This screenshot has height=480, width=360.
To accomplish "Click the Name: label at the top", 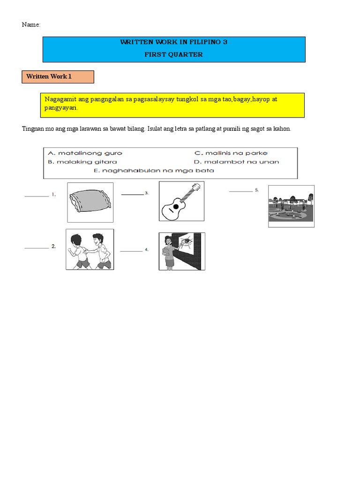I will click(x=31, y=24).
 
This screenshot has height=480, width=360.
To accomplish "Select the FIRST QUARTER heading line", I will click(x=174, y=54).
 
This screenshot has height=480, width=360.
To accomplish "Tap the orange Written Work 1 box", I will click(x=58, y=76).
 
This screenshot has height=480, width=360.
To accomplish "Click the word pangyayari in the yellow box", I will click(x=61, y=108).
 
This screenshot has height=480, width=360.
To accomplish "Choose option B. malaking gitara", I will click(x=82, y=162).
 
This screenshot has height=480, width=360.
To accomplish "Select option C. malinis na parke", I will click(x=231, y=153).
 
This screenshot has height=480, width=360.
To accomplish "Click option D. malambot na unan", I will click(x=237, y=162).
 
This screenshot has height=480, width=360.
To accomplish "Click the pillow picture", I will click(x=90, y=202).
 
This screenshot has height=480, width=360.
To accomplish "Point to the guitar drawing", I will click(x=181, y=201).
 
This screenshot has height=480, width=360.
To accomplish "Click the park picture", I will click(x=291, y=206).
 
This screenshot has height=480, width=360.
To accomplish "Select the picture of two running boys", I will click(x=90, y=249).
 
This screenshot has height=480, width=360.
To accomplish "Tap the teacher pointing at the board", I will click(x=182, y=251).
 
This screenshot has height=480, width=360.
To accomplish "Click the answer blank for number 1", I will click(x=37, y=195).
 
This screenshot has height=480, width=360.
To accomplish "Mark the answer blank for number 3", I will click(x=132, y=194).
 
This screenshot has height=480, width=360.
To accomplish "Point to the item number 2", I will click(x=54, y=246).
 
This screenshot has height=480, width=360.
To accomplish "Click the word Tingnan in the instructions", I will click(x=32, y=129).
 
